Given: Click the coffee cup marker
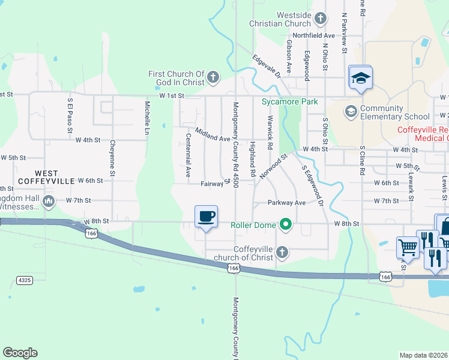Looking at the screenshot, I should click(206, 217).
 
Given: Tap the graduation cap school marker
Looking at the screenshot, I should click(360, 78).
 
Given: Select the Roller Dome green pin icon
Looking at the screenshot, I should click(286, 226).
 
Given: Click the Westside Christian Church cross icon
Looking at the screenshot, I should click(320, 19).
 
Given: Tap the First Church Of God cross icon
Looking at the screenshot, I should click(213, 77).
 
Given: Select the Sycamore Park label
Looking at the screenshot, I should click(289, 102).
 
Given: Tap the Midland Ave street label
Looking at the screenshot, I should click(212, 134).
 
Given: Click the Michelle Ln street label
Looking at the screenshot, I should click(146, 117).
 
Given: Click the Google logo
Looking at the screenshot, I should click(20, 353).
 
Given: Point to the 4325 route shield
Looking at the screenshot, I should click(23, 280).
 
